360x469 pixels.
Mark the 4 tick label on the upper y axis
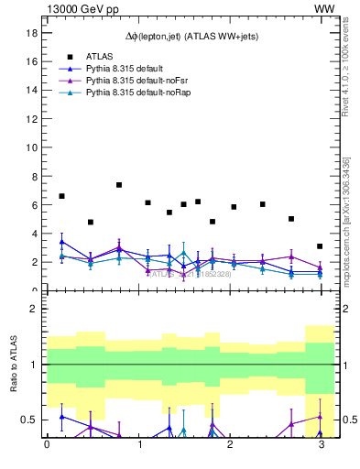coord(33,234)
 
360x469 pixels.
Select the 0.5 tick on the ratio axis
coord(28,420)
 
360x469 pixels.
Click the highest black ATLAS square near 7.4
coord(119,185)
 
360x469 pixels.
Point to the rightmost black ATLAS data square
coord(320,246)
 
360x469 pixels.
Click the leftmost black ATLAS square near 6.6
coord(61,196)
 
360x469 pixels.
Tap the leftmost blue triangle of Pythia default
coord(61,242)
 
